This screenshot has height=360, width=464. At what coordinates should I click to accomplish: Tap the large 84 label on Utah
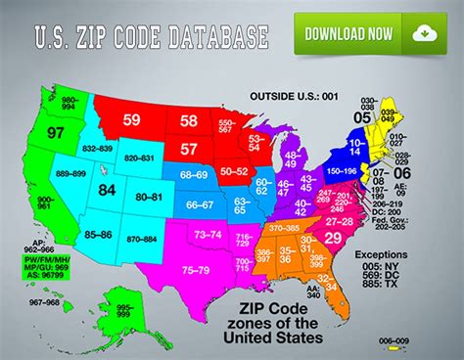[108, 191]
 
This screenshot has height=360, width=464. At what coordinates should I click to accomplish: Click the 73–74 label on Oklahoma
[209, 235]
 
